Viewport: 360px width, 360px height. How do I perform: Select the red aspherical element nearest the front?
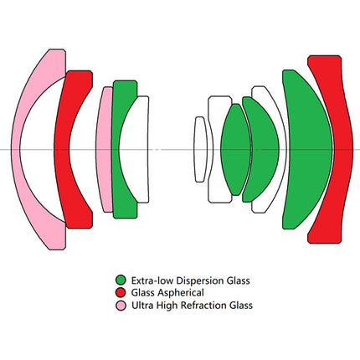pos(62,149)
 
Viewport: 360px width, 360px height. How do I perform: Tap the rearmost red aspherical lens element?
pos(342,149)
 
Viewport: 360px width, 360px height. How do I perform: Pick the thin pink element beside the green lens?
pos(104,149)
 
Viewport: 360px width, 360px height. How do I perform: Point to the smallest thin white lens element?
pos(200,149)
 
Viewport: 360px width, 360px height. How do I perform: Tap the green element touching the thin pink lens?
pos(116,149)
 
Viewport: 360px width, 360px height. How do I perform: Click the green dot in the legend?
pos(121,280)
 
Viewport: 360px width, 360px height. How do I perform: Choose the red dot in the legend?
pos(121,292)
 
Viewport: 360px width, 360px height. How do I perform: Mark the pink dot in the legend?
pos(121,306)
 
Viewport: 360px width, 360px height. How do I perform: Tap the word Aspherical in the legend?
pos(181,293)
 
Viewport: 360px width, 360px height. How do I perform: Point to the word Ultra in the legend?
pos(142,306)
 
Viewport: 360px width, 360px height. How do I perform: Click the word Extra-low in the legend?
pos(153,280)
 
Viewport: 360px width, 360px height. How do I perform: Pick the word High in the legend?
pos(167,306)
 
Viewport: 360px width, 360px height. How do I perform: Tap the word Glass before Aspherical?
pos(143,293)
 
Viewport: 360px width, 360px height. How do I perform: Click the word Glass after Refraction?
pos(241,306)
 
